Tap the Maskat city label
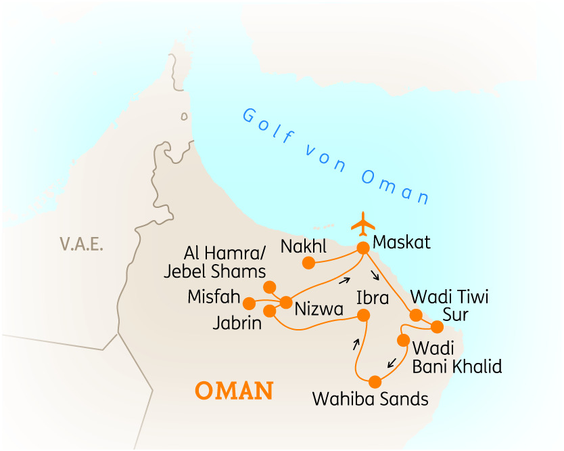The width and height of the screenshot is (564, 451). tap(402, 242)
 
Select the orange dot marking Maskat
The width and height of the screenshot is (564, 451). tap(363, 249)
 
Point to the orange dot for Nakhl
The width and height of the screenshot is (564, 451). tap(308, 263)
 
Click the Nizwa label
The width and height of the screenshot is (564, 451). tap(319, 310)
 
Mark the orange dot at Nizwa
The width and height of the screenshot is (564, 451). tap(285, 302)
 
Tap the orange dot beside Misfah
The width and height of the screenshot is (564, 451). tap(250, 303)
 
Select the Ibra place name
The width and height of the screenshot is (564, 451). tap(373, 297)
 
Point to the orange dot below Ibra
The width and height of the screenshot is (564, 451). tap(364, 315)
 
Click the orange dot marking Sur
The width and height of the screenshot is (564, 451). tap(437, 327)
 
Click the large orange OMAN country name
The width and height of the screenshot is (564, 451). tap(234, 391)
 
